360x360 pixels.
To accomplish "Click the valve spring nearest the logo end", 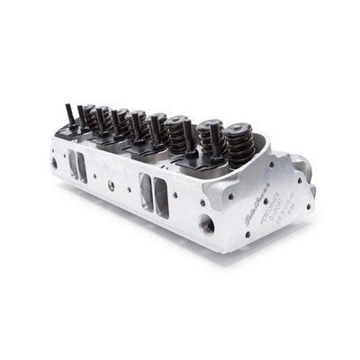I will pos(235,149).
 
